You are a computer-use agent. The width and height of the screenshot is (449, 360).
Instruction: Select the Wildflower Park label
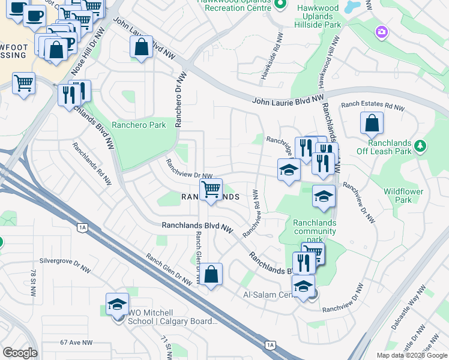click(x=403, y=196)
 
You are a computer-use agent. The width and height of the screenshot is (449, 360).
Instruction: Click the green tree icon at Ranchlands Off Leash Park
click(x=420, y=146)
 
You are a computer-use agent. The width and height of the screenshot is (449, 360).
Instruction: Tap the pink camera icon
click(x=381, y=31)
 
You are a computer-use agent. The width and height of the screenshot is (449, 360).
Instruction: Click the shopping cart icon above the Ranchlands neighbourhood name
click(x=211, y=190)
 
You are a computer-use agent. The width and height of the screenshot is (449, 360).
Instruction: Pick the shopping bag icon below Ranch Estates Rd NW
click(x=372, y=124)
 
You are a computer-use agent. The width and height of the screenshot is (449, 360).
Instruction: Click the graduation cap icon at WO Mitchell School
click(x=117, y=304)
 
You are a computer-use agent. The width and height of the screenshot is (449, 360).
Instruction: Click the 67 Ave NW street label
click(x=76, y=343)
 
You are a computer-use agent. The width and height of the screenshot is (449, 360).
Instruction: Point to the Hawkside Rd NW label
click(x=263, y=64)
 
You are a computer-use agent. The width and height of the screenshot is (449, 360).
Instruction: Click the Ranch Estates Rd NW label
click(x=372, y=106)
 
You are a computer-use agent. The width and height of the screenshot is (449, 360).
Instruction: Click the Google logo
click(x=20, y=353)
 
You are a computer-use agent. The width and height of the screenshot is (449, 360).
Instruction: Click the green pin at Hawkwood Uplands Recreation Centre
click(x=279, y=5)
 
